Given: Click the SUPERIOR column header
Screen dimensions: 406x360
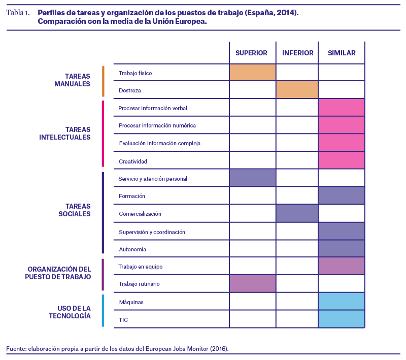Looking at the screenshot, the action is [251, 53].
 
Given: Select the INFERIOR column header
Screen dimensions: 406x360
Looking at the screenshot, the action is [298, 53].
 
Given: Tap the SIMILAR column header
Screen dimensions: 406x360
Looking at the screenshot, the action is [342, 53].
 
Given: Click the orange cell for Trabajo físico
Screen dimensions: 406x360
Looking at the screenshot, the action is [252, 72].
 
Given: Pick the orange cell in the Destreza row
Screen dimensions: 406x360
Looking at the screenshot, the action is [297, 89].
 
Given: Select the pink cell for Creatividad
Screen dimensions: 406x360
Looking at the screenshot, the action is [342, 160].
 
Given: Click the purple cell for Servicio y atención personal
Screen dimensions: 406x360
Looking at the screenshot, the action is [252, 178].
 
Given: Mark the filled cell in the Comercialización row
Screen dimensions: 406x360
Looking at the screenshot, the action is [297, 213].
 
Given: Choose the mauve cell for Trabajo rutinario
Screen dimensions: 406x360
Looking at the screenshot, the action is [252, 284].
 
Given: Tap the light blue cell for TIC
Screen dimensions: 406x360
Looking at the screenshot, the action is [342, 319].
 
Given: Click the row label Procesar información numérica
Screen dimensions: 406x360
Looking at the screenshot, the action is [157, 125].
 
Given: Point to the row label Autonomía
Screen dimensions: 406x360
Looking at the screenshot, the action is [132, 249].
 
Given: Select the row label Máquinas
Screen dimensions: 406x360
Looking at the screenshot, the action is [131, 302].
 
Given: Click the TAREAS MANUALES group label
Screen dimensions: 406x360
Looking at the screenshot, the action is [72, 80].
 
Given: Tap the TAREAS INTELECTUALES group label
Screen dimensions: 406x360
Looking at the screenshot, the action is [65, 134].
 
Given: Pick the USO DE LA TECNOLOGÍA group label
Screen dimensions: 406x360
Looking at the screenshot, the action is [70, 312].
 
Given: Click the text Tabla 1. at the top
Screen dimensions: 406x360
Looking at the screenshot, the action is [18, 13].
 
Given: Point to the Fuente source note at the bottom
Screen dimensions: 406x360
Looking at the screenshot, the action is [117, 349].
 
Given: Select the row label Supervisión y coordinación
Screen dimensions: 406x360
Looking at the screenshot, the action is [152, 232].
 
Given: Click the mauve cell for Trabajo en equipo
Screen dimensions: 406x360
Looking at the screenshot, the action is [342, 266].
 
